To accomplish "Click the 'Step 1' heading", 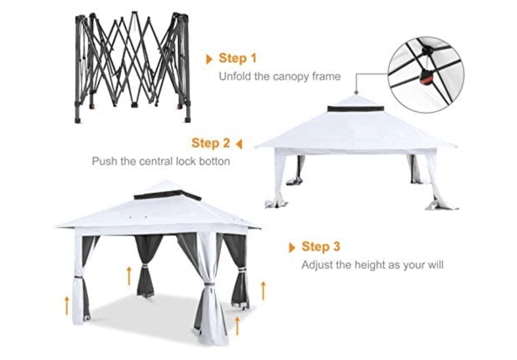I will click(x=238, y=58).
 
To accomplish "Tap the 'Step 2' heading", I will click(x=211, y=143).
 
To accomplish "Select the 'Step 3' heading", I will click(x=321, y=247).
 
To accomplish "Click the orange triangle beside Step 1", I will click(x=209, y=59).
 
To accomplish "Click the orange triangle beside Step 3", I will click(x=292, y=247).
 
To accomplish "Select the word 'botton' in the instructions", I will click(x=212, y=161).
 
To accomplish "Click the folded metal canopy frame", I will click(x=133, y=67).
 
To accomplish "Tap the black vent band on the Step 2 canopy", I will click(x=355, y=109).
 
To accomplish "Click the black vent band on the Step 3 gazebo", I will click(x=167, y=195).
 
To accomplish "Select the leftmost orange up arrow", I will click(x=67, y=305).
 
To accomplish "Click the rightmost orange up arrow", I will click(x=263, y=290).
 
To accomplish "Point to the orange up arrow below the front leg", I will click(x=237, y=326).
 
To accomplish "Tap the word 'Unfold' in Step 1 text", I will click(x=233, y=76).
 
